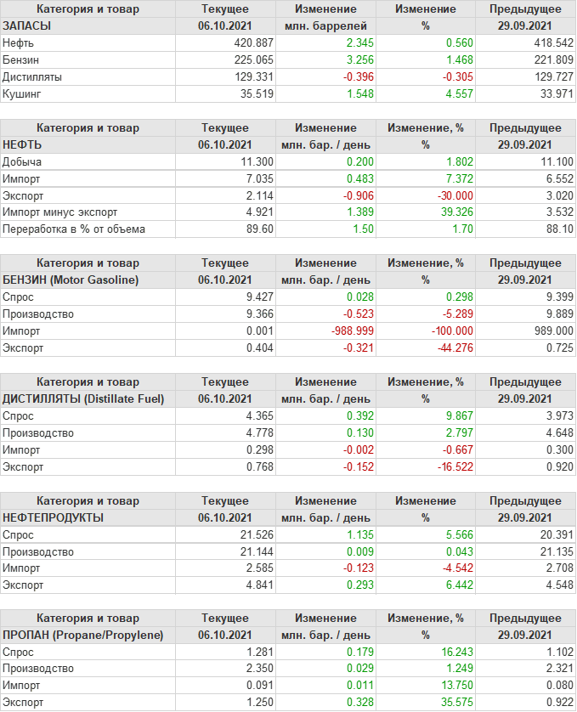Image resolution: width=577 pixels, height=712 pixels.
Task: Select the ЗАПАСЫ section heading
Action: tap(27, 26)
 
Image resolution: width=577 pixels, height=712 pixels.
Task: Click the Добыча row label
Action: tap(23, 161)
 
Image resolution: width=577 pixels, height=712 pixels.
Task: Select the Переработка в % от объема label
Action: tap(74, 229)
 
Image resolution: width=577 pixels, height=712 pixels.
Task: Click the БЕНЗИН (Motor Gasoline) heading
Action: tap(71, 280)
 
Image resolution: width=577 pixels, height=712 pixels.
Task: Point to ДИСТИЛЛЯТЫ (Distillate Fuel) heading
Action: tap(83, 398)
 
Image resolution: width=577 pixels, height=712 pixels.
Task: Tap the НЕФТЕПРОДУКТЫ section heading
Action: tap(54, 517)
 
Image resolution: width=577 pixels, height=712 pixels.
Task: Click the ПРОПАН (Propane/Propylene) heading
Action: tap(83, 636)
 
